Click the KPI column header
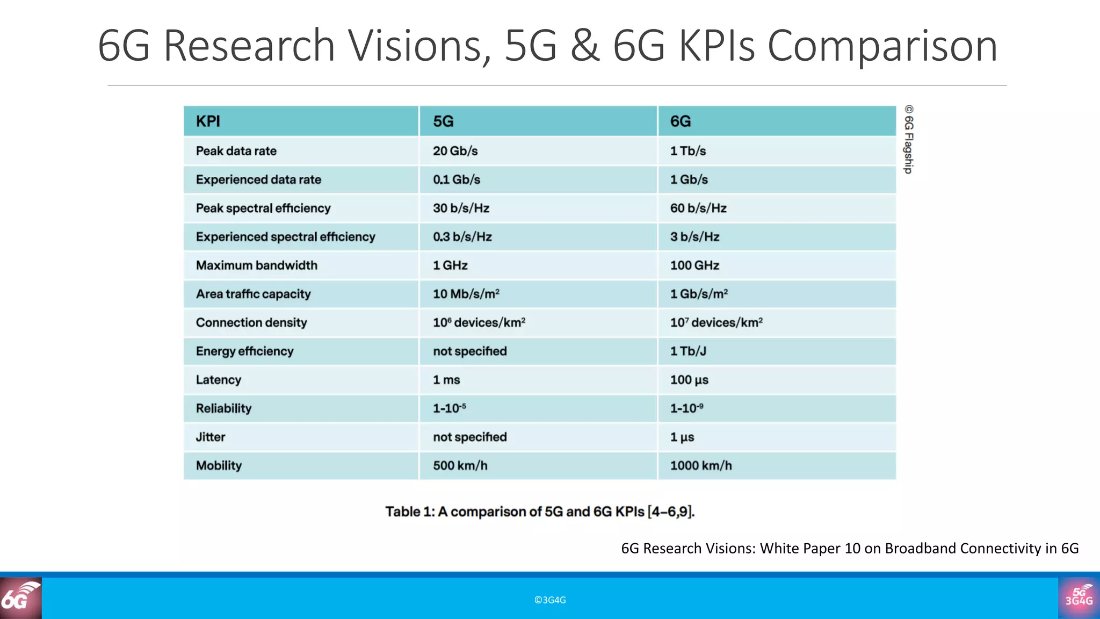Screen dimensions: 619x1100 click(208, 121)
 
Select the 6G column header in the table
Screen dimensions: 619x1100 click(680, 121)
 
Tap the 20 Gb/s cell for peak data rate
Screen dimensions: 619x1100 click(455, 151)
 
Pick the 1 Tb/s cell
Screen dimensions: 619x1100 click(687, 151)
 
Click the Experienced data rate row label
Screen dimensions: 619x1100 click(258, 179)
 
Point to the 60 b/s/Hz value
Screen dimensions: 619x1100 click(698, 208)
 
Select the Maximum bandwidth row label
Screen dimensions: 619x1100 click(256, 265)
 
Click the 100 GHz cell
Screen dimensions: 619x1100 click(694, 265)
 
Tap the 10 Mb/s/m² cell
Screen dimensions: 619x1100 click(466, 294)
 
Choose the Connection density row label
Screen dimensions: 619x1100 click(251, 322)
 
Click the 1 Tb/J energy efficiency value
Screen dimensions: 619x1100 click(687, 351)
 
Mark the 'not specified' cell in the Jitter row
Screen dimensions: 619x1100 click(469, 437)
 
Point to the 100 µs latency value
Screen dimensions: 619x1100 click(689, 380)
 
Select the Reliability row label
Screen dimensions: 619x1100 click(223, 408)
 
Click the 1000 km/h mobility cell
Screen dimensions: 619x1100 click(700, 465)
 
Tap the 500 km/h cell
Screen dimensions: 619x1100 click(460, 465)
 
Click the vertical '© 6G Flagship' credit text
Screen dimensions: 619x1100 click(908, 139)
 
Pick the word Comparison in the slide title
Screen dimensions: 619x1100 click(882, 46)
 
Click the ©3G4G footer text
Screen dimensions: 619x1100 click(549, 600)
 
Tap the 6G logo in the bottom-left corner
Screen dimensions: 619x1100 click(20, 598)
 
